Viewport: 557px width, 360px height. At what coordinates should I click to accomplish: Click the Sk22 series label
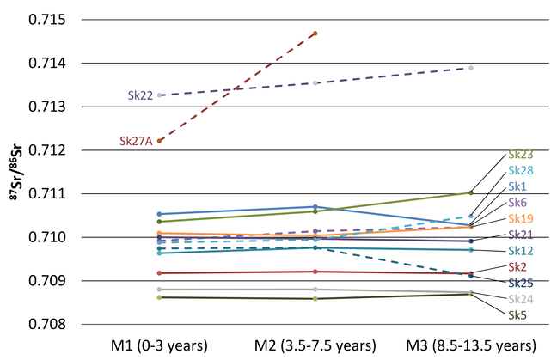coord(140,95)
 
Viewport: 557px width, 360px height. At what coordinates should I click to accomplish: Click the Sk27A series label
coord(136,141)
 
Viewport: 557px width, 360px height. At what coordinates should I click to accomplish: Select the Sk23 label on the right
coord(520,155)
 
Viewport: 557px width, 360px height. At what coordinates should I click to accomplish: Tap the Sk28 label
coord(520,171)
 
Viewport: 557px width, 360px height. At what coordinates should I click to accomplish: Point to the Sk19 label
coord(520,218)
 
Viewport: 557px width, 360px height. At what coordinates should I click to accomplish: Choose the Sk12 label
coord(520,250)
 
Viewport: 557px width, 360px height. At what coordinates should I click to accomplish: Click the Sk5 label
coord(517,315)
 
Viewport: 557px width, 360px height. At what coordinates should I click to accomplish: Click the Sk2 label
coord(517,267)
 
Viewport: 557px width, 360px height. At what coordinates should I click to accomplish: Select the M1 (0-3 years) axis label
coord(160,346)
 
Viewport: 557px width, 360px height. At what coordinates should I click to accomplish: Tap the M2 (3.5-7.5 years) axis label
coord(315,346)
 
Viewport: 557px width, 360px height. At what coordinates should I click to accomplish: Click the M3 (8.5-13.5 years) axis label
coord(471,346)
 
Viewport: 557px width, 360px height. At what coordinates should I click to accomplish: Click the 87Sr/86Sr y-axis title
coord(18,172)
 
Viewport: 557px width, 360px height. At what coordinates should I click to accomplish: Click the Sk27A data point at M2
coord(315,34)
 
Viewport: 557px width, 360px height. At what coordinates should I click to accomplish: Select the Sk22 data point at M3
coord(471,68)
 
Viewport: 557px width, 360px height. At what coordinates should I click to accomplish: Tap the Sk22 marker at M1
coord(160,95)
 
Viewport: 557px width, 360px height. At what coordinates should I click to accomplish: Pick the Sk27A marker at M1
coord(160,140)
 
